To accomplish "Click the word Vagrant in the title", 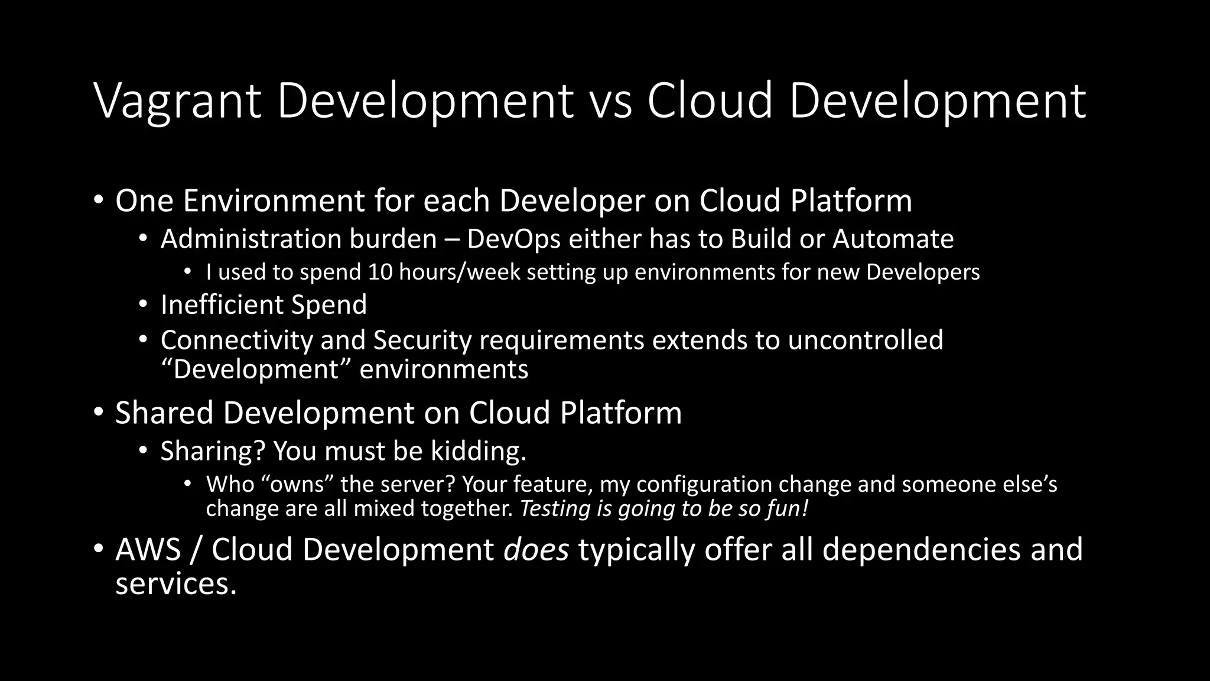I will tap(177, 102).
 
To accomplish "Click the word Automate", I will tap(893, 239).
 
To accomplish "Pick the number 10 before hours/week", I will tap(380, 272).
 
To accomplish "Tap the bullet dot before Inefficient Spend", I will tap(142, 305).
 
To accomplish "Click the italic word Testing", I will tap(555, 508).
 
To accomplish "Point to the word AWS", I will tap(148, 549).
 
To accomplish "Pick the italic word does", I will tap(536, 549).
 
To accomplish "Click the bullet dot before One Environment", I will tap(98, 200).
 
